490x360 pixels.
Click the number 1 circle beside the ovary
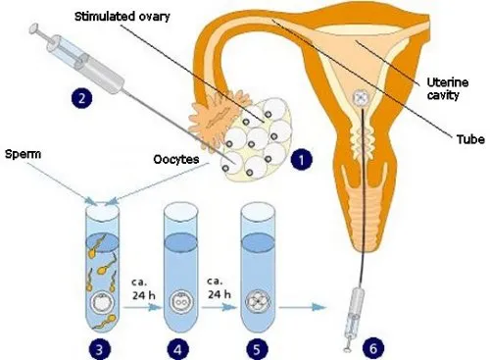[x=301, y=160]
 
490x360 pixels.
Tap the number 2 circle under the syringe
[x=81, y=98]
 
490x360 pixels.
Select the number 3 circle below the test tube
[x=100, y=349]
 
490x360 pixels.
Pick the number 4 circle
[x=177, y=349]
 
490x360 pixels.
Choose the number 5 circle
[x=257, y=349]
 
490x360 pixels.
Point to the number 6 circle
[x=373, y=348]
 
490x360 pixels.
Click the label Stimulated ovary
[x=122, y=17]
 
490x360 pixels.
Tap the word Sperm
[x=23, y=154]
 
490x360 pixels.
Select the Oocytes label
[x=176, y=159]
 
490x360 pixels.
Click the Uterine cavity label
[x=447, y=88]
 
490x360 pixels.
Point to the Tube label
[x=470, y=139]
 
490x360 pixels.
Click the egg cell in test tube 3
[x=102, y=302]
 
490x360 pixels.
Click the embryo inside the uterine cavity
[x=362, y=98]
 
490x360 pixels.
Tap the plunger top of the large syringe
[x=33, y=28]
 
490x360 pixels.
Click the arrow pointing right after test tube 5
[x=302, y=307]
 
